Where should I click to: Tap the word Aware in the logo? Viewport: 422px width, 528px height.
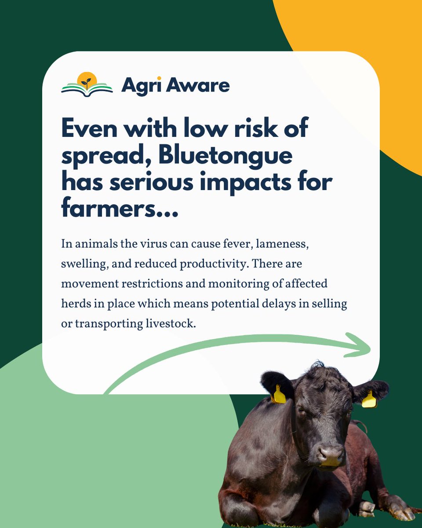pyautogui.click(x=197, y=85)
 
